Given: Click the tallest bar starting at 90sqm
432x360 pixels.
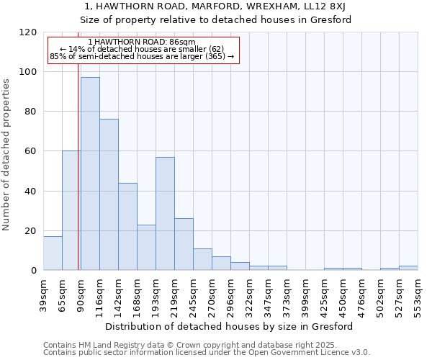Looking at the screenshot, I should (x=90, y=173).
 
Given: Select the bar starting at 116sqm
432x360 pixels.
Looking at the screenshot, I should (x=109, y=194).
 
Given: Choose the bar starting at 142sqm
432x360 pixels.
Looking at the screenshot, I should (x=127, y=226).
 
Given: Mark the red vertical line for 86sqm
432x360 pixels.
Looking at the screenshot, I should (x=78, y=144).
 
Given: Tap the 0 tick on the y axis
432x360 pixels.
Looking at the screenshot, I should (x=34, y=271).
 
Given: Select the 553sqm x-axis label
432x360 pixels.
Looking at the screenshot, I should (x=418, y=295).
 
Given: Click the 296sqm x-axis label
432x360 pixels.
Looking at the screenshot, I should (x=230, y=295).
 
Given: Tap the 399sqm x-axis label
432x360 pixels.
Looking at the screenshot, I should (x=305, y=295).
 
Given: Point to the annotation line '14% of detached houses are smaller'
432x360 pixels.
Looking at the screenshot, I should (x=143, y=49).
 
